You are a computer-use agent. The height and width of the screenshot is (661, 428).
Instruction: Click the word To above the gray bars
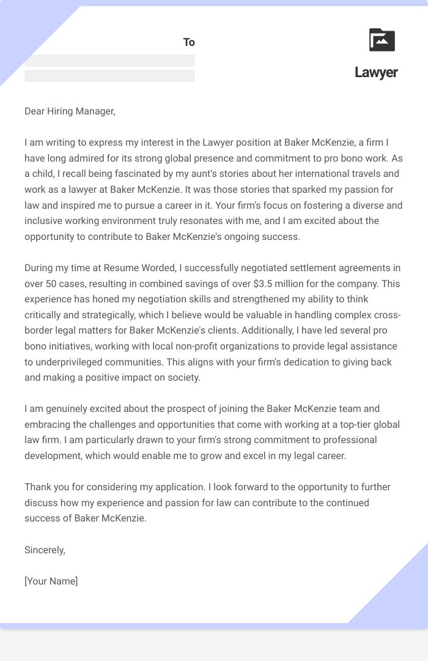click(x=189, y=42)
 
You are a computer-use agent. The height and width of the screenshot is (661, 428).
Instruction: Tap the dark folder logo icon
click(x=382, y=40)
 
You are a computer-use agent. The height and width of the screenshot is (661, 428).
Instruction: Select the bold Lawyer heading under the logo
click(x=376, y=72)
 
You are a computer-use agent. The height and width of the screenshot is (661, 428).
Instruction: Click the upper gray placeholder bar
click(x=109, y=61)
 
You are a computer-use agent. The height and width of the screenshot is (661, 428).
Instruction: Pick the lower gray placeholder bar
click(x=109, y=76)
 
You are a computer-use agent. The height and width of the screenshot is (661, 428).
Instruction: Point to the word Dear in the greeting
click(x=35, y=111)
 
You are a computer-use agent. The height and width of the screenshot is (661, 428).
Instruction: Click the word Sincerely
click(x=45, y=550)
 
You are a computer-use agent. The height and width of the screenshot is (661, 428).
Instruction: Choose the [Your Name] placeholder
click(x=51, y=581)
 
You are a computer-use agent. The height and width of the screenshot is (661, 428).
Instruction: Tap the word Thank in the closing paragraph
click(x=38, y=487)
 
